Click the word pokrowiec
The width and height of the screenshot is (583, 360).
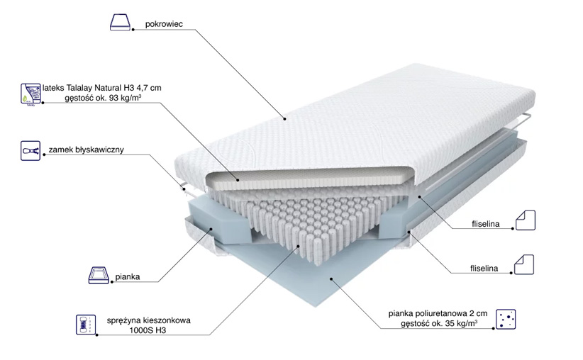pyautogui.click(x=164, y=24)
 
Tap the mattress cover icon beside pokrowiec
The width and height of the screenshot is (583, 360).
pyautogui.click(x=121, y=22)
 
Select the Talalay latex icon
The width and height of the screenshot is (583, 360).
pyautogui.click(x=31, y=94)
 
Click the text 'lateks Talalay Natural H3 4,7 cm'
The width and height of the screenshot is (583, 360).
pyautogui.click(x=102, y=88)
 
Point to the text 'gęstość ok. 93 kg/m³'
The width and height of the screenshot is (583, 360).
pyautogui.click(x=103, y=99)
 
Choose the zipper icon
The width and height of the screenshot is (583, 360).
pyautogui.click(x=30, y=150)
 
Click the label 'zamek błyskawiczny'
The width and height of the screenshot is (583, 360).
pyautogui.click(x=87, y=150)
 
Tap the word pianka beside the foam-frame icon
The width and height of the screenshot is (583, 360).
pyautogui.click(x=128, y=277)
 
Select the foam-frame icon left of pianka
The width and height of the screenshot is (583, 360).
pyautogui.click(x=99, y=275)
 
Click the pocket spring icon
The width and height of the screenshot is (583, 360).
pyautogui.click(x=86, y=325)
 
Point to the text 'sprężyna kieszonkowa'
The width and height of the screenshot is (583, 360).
pyautogui.click(x=149, y=320)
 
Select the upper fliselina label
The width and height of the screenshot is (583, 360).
pyautogui.click(x=486, y=224)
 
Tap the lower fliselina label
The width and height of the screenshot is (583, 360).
pyautogui.click(x=484, y=269)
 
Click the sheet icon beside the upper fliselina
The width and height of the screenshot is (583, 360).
pyautogui.click(x=526, y=220)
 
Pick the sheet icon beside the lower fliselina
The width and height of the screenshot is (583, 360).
pyautogui.click(x=524, y=264)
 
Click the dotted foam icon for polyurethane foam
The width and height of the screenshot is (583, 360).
pyautogui.click(x=506, y=319)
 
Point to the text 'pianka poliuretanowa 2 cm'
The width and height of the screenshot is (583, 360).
pyautogui.click(x=438, y=314)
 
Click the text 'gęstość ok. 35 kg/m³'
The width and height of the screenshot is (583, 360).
pyautogui.click(x=439, y=324)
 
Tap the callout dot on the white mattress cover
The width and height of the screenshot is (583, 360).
pyautogui.click(x=285, y=119)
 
